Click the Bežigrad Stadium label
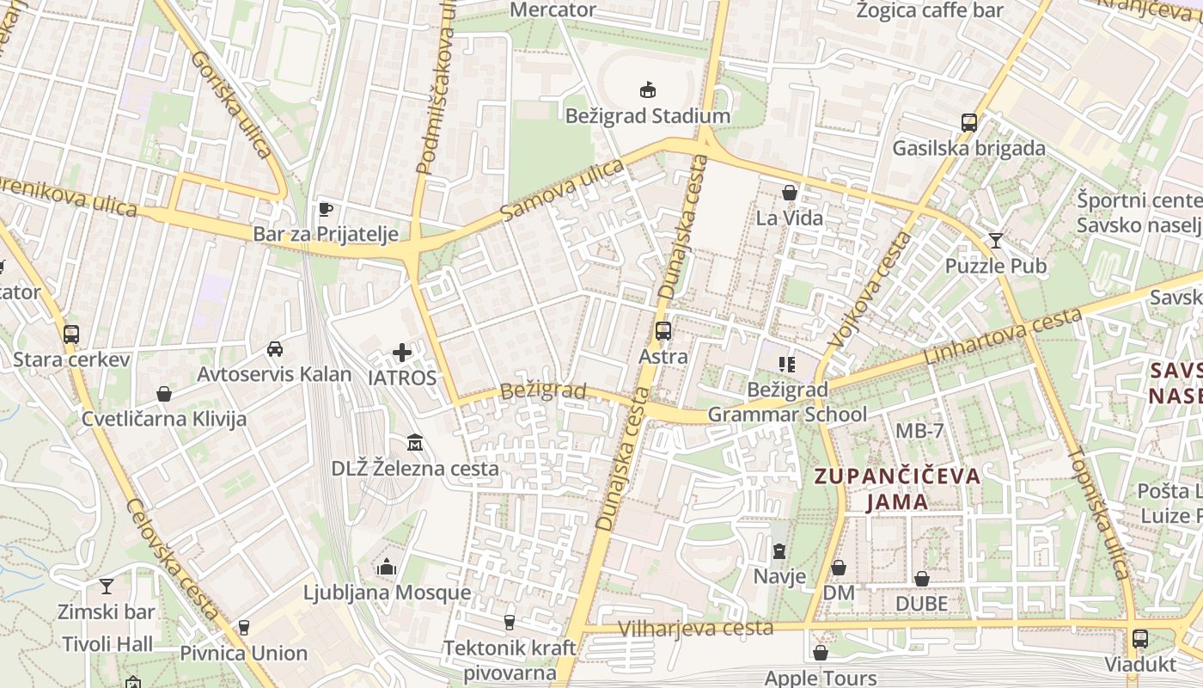coord(647,116)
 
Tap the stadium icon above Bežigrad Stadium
coord(647,89)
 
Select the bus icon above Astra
coord(663,330)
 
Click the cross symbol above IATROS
coord(402,352)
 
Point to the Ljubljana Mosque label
coord(387,593)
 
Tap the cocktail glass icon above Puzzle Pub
coord(996,240)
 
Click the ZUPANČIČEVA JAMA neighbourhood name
coord(897,488)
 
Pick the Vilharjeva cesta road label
coord(695,629)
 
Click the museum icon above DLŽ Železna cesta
coord(415,443)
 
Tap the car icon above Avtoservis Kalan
coord(274,348)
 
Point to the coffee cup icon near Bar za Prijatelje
coord(325,208)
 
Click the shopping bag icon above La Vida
coord(789,193)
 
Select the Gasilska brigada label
coord(968,148)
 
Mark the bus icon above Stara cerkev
coord(71,334)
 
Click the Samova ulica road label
coord(562,190)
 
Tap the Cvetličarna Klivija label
coord(164,419)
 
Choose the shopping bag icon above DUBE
coord(921,579)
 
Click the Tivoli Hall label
coord(107,644)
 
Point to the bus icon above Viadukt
coord(1139,639)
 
